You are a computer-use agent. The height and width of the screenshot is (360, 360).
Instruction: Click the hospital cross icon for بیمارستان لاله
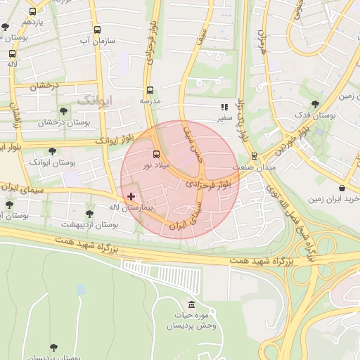[131, 196]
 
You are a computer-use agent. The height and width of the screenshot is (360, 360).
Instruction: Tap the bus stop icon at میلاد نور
[156, 154]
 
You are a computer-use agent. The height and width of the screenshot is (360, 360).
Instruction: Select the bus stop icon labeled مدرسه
[150, 91]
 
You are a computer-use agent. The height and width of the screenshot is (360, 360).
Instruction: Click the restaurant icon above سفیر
[224, 108]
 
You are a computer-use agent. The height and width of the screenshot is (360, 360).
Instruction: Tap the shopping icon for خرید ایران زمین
[342, 188]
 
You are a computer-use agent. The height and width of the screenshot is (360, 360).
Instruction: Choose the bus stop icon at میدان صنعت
[254, 157]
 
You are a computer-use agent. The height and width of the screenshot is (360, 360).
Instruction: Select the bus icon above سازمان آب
[97, 30]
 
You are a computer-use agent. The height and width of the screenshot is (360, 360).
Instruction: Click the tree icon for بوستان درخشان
[64, 111]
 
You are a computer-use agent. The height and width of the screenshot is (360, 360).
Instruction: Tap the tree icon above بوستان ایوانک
[52, 151]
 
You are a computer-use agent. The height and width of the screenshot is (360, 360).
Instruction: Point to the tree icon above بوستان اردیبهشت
[89, 213]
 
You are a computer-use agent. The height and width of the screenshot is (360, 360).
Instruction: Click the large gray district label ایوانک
[94, 99]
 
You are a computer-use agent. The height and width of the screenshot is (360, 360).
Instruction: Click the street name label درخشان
[42, 86]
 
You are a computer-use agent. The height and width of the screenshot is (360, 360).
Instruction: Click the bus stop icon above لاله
[12, 53]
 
